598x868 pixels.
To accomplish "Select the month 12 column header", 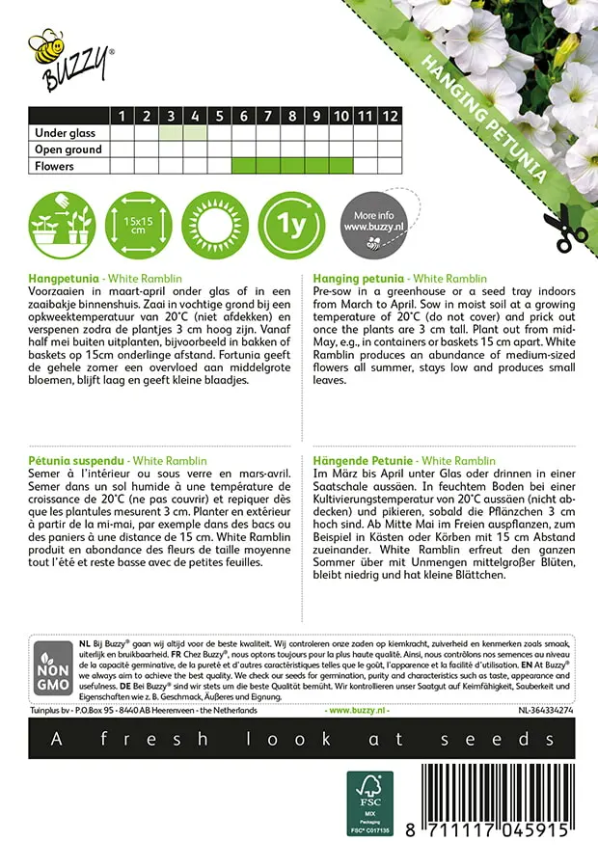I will tap(389, 116).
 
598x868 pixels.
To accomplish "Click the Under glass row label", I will tap(67, 133).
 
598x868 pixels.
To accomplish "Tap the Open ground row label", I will tap(68, 149).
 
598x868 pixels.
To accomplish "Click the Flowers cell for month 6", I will tap(243, 166).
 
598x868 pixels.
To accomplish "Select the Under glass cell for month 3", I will tap(171, 133).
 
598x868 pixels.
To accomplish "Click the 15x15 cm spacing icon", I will tap(137, 225).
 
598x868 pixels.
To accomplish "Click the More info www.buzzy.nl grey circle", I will tap(372, 225).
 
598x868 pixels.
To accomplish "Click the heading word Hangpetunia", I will tap(63, 277).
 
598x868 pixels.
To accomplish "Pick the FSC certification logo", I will tap(370, 802).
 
